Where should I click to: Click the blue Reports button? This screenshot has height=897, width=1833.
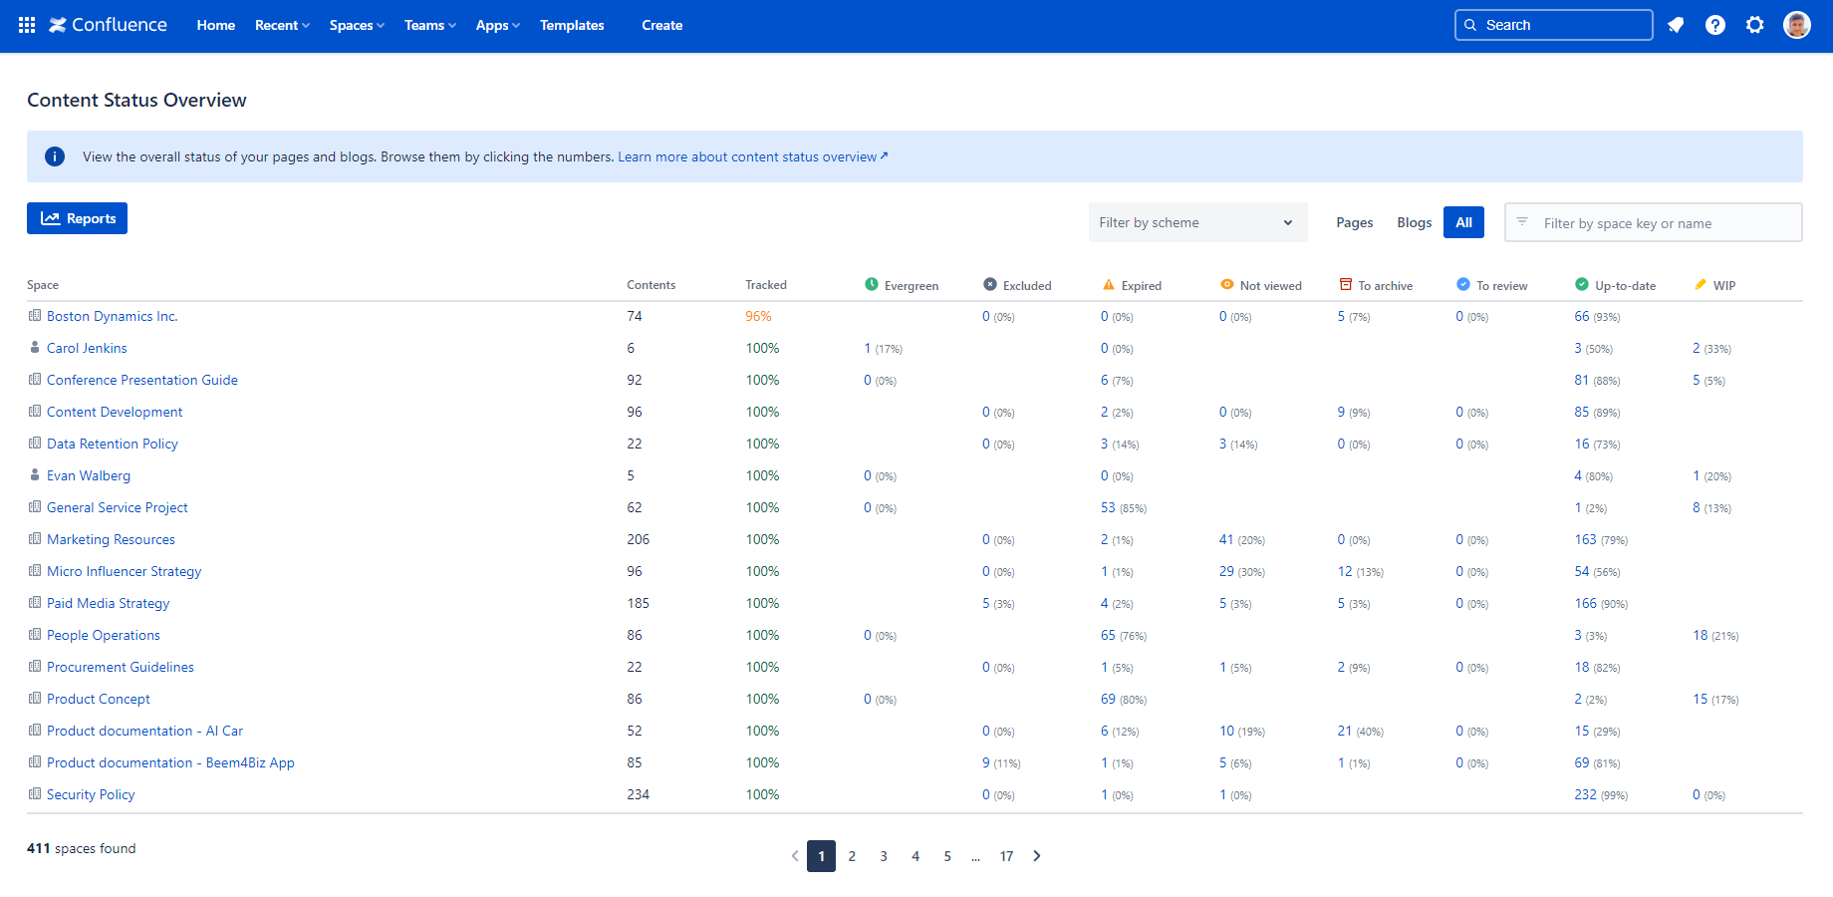tap(78, 218)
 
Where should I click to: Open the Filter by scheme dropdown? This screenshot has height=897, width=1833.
tap(1195, 222)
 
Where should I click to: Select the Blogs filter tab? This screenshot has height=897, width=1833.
tap(1414, 222)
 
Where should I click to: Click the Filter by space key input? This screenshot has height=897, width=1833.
tap(1664, 223)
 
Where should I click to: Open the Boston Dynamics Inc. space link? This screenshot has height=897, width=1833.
tap(112, 316)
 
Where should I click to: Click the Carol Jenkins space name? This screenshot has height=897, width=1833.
tap(87, 348)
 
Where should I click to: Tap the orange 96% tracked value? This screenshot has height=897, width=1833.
tap(758, 316)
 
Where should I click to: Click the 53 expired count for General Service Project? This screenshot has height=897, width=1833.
tap(1108, 507)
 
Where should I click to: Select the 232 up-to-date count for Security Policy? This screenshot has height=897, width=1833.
tap(1585, 794)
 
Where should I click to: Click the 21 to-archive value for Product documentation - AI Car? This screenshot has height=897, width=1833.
tap(1345, 731)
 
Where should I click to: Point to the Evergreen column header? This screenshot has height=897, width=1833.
tap(911, 285)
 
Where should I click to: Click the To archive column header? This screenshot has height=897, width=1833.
tap(1385, 285)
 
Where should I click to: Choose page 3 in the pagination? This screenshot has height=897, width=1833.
tap(884, 856)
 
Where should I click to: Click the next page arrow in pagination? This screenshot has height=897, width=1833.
tap(1037, 856)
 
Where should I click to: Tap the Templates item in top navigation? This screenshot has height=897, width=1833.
tap(572, 25)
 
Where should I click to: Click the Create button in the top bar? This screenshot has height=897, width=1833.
tap(661, 25)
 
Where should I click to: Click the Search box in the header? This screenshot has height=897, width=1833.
tap(1554, 25)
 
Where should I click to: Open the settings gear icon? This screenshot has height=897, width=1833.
tap(1755, 25)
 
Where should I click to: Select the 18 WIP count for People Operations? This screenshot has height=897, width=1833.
tap(1700, 635)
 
